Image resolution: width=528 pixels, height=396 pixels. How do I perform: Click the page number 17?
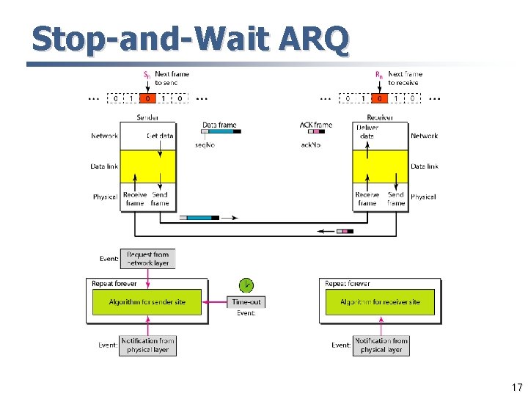517,387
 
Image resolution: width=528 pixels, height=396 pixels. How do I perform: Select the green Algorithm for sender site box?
147,302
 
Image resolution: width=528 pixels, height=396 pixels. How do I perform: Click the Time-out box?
246,302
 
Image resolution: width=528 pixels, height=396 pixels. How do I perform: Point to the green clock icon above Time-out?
246,285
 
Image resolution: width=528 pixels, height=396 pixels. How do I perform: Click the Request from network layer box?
148,259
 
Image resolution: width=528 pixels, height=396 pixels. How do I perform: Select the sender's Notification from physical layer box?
148,345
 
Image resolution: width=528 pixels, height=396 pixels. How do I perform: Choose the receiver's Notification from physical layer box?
381,345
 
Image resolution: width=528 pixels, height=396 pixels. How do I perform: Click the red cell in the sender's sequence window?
147,98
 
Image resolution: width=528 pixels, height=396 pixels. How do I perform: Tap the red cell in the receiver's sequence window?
380,98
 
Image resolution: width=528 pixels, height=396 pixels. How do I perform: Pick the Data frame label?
219,125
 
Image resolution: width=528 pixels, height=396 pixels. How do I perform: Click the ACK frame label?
316,125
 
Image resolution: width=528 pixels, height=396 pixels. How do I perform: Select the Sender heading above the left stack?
147,117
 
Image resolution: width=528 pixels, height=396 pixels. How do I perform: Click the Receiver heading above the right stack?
380,117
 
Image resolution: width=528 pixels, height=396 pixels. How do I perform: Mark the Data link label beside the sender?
105,166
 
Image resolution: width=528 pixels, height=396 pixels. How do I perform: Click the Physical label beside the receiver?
423,197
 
